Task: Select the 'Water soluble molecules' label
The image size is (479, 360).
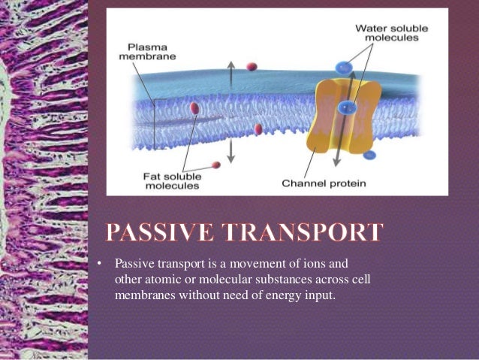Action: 391,32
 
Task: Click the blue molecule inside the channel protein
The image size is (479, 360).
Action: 346,107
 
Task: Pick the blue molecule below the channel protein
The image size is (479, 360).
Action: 369,155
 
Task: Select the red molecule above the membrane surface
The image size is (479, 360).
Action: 252,67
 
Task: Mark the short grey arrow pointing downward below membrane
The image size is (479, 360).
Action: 231,153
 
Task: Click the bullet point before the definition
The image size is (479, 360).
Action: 98,264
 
